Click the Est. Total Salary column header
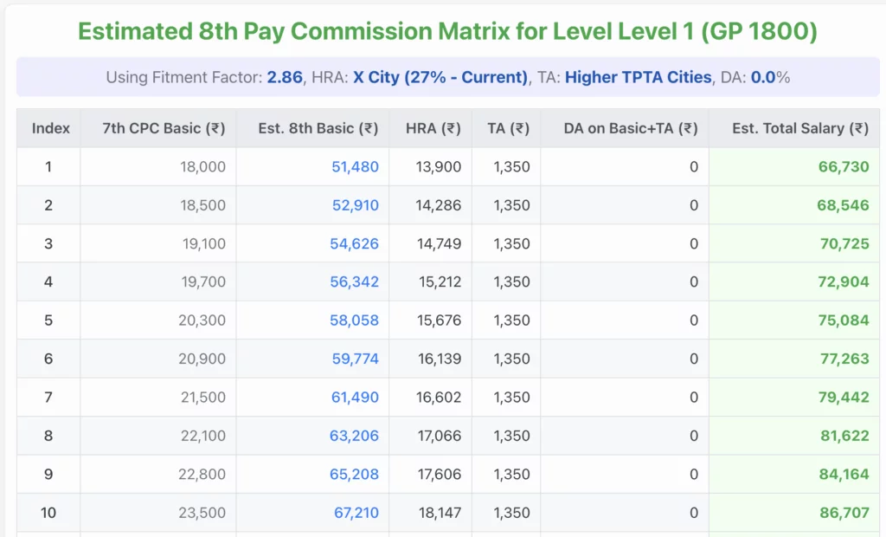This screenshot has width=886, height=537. [799, 128]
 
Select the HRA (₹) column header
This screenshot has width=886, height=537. [433, 128]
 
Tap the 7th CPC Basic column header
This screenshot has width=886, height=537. [164, 128]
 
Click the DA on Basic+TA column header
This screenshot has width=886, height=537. [630, 128]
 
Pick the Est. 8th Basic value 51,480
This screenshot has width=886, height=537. [355, 167]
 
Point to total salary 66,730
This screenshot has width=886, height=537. [844, 167]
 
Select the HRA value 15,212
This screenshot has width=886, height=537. [439, 282]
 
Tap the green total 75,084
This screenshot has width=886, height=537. [844, 320]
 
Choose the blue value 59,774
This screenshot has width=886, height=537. [355, 359]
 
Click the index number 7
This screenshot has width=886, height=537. [48, 398]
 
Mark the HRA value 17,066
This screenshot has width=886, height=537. [439, 436]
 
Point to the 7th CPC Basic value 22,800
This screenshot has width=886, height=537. [202, 475]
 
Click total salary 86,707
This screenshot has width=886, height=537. [844, 513]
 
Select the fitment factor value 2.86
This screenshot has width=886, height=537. [285, 77]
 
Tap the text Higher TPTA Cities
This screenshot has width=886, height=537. [638, 77]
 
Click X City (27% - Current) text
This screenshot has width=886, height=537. [440, 77]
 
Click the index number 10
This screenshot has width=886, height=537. [48, 513]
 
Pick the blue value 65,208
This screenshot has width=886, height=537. [355, 475]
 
